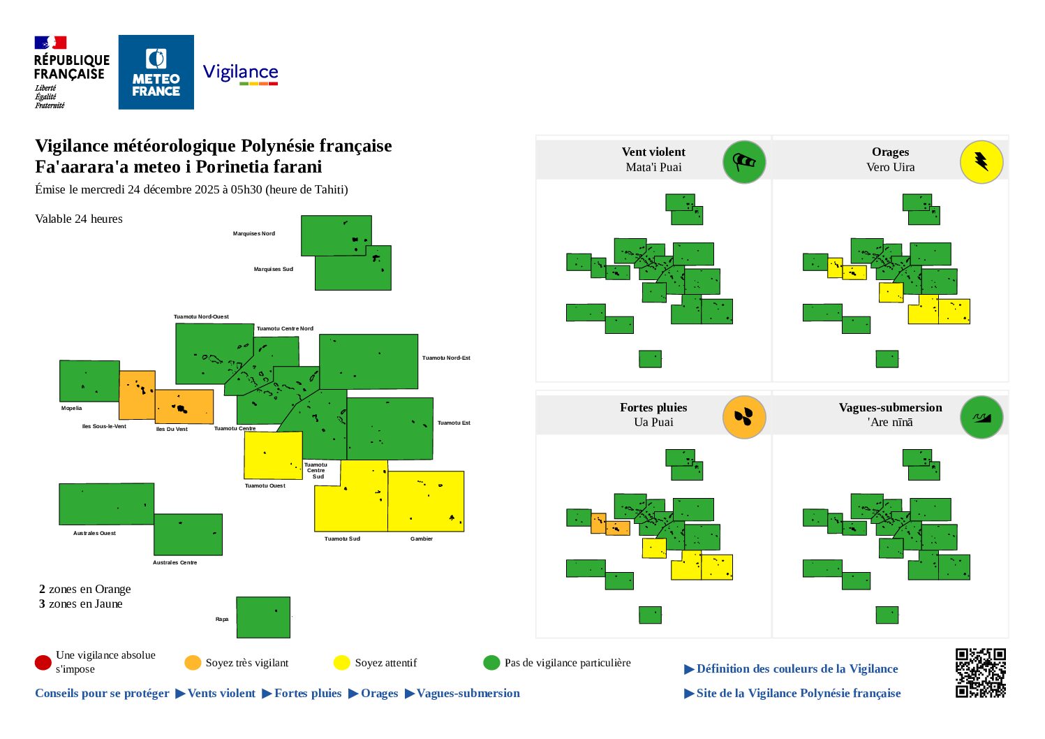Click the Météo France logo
click(x=156, y=72)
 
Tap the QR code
click(x=980, y=673)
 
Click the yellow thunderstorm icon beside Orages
click(x=981, y=162)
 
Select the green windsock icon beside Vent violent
click(x=743, y=162)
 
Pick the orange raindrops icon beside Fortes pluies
click(x=743, y=418)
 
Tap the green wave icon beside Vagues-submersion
click(x=981, y=418)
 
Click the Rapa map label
click(x=222, y=620)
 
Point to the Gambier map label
click(x=422, y=539)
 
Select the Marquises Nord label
click(x=254, y=234)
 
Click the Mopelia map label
click(x=71, y=409)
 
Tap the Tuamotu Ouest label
click(x=265, y=486)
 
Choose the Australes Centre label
click(x=175, y=563)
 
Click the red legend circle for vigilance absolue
click(x=43, y=662)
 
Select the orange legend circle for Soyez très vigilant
click(x=193, y=662)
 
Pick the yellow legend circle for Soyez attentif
click(x=341, y=662)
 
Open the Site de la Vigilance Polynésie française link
click(x=798, y=694)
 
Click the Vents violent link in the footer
click(x=221, y=694)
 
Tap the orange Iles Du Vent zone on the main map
click(x=184, y=407)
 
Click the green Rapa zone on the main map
click(x=263, y=617)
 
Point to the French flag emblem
click(x=50, y=43)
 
